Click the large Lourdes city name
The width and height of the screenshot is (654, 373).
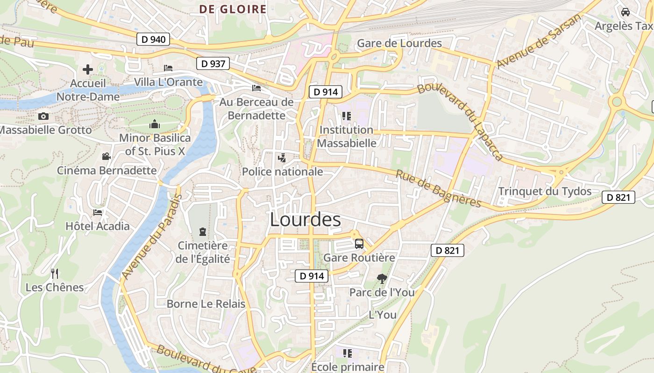click(x=306, y=220)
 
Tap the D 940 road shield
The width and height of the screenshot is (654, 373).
click(x=153, y=39)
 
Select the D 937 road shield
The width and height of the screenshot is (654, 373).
click(x=213, y=63)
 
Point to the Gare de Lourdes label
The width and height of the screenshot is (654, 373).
click(x=399, y=43)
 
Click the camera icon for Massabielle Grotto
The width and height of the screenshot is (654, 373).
click(x=43, y=116)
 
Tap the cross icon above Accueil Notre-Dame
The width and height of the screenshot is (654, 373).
click(x=88, y=70)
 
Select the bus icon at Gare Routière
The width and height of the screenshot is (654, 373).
click(x=359, y=243)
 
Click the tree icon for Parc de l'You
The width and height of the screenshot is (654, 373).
click(x=382, y=279)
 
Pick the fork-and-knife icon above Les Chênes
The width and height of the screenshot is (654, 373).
click(x=55, y=273)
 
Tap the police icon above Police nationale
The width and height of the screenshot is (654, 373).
click(x=281, y=158)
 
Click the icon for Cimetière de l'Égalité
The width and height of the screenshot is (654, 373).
click(x=203, y=231)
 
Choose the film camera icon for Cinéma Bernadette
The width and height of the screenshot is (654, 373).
click(x=107, y=157)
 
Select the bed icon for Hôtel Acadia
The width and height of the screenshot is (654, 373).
click(x=97, y=212)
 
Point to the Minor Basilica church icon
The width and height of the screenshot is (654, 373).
click(x=155, y=124)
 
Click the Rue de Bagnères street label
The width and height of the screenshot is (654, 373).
click(x=438, y=188)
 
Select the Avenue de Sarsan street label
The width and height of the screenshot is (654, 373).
click(x=540, y=41)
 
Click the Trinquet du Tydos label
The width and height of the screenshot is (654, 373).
click(x=545, y=191)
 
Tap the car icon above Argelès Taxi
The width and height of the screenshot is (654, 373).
click(x=626, y=12)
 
